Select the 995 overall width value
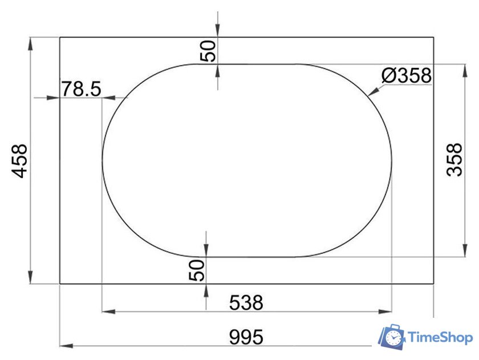click(246, 337)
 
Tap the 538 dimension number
click(246, 302)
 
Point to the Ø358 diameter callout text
click(407, 75)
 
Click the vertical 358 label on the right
click(455, 160)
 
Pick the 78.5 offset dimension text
click(81, 88)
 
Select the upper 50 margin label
click(209, 50)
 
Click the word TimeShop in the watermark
click(441, 338)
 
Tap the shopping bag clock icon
click(392, 337)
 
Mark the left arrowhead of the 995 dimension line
click(64, 346)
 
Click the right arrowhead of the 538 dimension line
click(388, 312)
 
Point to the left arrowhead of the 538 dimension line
click(106, 312)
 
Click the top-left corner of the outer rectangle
click(60, 37)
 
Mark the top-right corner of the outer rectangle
click(434, 37)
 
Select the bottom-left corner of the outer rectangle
click(60, 284)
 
